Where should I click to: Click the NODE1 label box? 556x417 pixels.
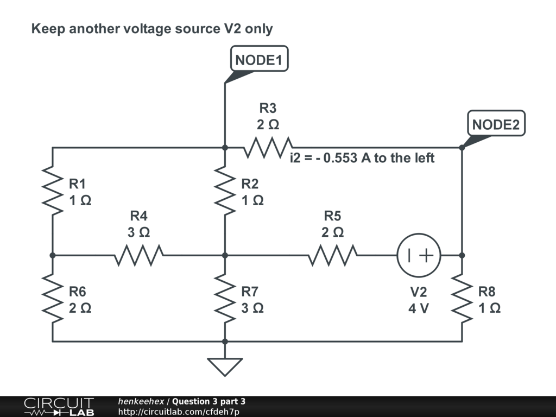(x=259, y=59)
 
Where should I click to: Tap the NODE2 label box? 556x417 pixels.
(x=496, y=123)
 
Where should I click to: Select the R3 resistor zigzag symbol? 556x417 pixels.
(x=268, y=147)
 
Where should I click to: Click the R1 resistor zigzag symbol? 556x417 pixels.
(x=53, y=191)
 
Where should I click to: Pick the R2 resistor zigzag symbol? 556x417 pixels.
(x=225, y=191)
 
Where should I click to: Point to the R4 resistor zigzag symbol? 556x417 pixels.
(x=138, y=255)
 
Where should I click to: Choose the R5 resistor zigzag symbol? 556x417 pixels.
(x=333, y=255)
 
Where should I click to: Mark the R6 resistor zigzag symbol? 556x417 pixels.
(x=53, y=298)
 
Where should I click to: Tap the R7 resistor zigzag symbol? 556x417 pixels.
(x=225, y=298)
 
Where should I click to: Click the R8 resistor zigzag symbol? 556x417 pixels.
(x=462, y=298)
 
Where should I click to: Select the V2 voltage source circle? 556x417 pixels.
(x=419, y=255)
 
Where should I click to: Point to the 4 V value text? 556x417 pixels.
(x=419, y=308)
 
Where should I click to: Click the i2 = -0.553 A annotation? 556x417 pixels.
(x=362, y=158)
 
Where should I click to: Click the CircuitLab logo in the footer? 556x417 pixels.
(x=59, y=407)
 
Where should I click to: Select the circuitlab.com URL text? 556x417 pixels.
(x=179, y=412)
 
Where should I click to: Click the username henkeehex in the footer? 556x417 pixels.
(x=141, y=401)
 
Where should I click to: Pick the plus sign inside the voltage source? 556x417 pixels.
(x=427, y=255)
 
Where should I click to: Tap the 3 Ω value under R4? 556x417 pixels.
(x=138, y=232)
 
